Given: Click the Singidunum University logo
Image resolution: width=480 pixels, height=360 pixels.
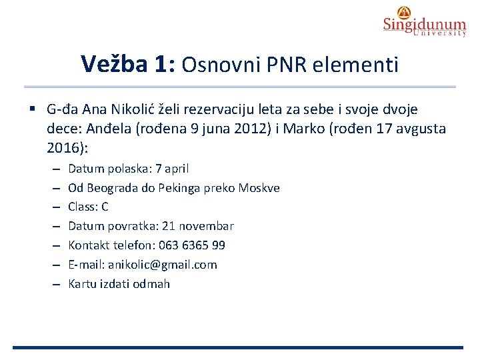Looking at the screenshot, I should pyautogui.click(x=424, y=21).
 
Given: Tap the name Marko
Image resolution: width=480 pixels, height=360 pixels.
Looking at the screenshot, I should pyautogui.click(x=301, y=128).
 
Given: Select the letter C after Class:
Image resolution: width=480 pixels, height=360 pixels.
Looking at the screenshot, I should pyautogui.click(x=105, y=207).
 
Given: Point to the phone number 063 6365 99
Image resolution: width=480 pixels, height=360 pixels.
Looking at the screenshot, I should pyautogui.click(x=192, y=245).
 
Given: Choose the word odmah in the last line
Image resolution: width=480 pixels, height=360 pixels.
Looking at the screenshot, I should pyautogui.click(x=152, y=284).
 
